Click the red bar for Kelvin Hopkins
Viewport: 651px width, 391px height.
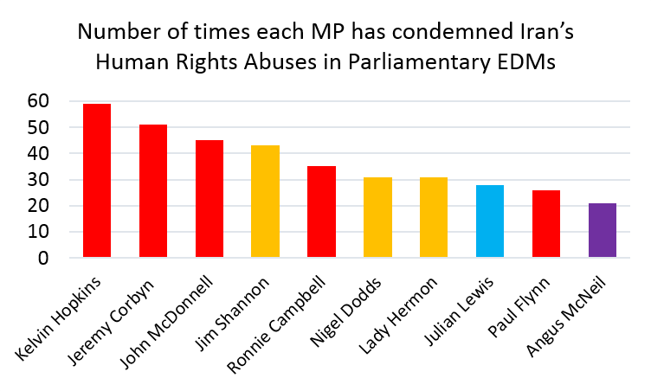96,181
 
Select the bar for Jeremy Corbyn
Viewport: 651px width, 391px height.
152,191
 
